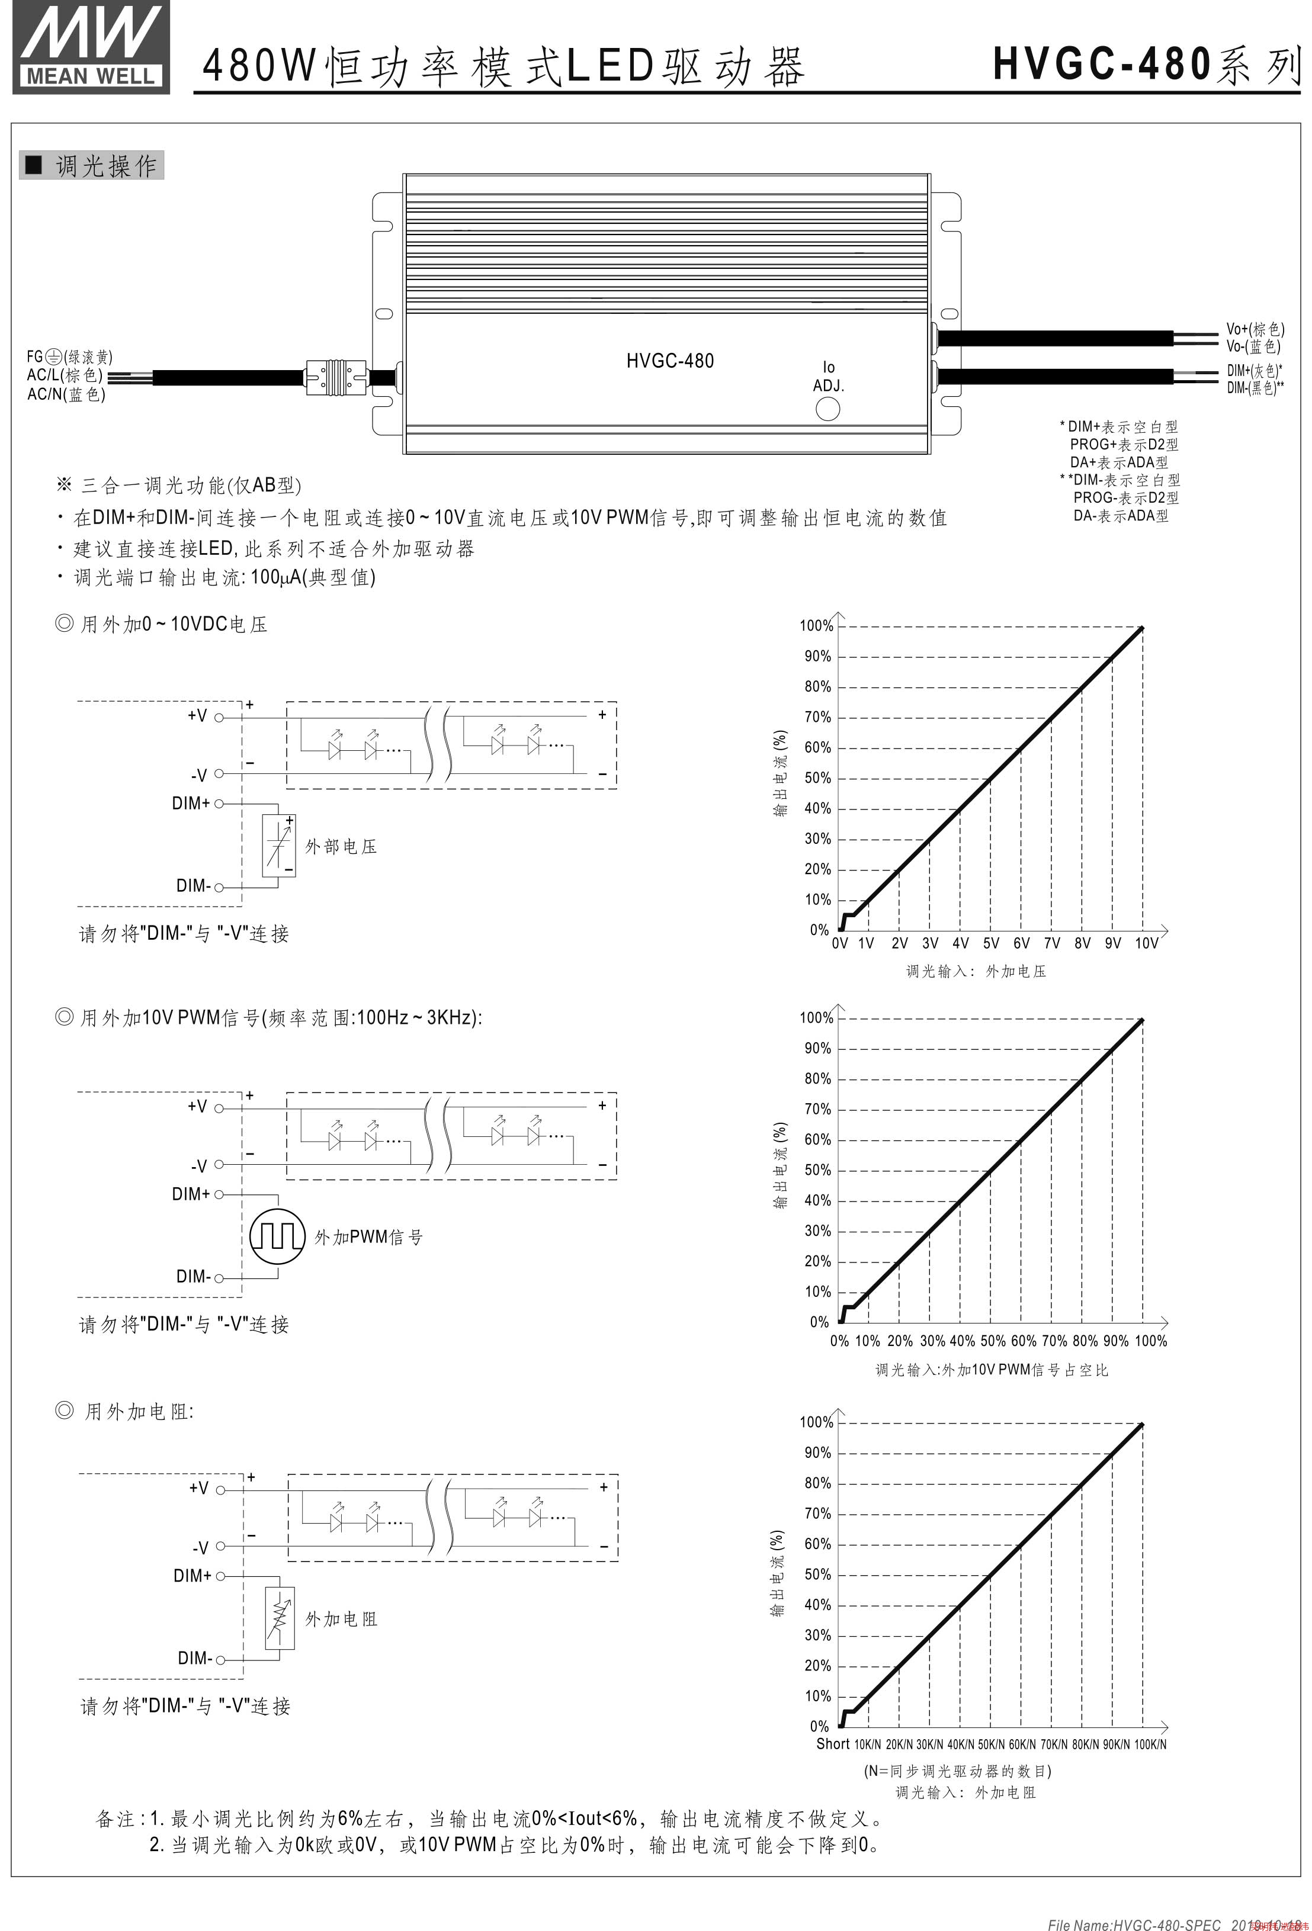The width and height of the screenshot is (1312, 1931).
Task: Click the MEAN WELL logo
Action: pyautogui.click(x=91, y=47)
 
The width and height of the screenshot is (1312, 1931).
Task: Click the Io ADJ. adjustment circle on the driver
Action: pyautogui.click(x=827, y=409)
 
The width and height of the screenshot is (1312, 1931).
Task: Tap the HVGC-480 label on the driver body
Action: pyautogui.click(x=670, y=361)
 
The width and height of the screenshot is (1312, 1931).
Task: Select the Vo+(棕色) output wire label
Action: pyautogui.click(x=1255, y=330)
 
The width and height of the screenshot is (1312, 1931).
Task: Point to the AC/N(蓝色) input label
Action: pyautogui.click(x=66, y=395)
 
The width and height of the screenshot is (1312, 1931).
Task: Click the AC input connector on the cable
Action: pyautogui.click(x=336, y=377)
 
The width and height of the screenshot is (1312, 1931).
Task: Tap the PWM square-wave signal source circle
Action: pyautogui.click(x=278, y=1236)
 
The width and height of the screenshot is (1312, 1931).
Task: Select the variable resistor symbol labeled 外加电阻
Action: pyautogui.click(x=280, y=1618)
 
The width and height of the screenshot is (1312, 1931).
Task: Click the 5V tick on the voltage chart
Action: pyautogui.click(x=990, y=943)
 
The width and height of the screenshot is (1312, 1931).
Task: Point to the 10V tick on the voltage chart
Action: pyautogui.click(x=1146, y=943)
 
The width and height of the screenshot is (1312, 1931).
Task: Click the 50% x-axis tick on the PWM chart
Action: pyautogui.click(x=993, y=1340)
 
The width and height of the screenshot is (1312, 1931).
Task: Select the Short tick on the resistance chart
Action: pyautogui.click(x=833, y=1744)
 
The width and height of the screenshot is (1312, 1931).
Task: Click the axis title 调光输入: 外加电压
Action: pyautogui.click(x=976, y=971)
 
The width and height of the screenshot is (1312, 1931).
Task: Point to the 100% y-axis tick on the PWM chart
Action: pyautogui.click(x=816, y=1018)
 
